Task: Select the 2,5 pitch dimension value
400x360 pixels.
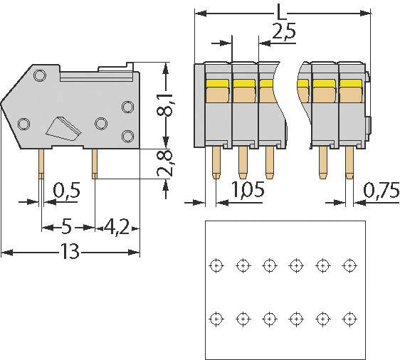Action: click(x=283, y=32)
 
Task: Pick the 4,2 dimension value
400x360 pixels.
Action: click(x=115, y=228)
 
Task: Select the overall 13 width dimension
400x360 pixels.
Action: click(x=69, y=252)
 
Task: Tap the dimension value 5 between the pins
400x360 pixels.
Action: click(x=66, y=228)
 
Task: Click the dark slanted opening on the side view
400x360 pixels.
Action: click(x=63, y=128)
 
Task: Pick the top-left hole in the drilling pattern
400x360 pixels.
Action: click(x=216, y=265)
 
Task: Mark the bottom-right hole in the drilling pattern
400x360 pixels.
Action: click(x=349, y=317)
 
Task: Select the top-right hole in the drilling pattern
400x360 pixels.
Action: click(x=349, y=265)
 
